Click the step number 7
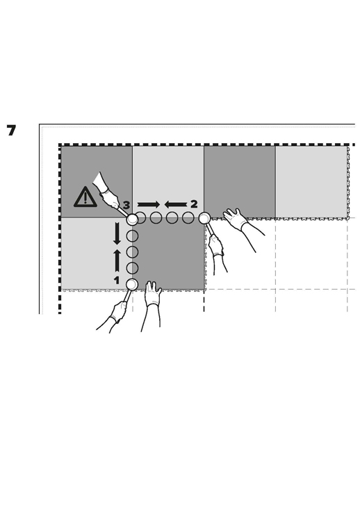click(x=11, y=131)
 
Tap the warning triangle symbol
click(x=85, y=197)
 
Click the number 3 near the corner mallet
click(x=126, y=205)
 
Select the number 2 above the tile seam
click(x=194, y=204)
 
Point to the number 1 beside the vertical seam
click(x=117, y=280)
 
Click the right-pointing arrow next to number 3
click(x=149, y=204)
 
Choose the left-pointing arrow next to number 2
click(x=176, y=204)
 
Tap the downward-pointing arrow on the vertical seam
click(x=117, y=233)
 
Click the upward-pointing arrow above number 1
click(x=117, y=261)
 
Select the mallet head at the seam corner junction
click(x=132, y=219)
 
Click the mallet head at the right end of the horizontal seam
click(x=204, y=218)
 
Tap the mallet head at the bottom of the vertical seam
click(x=132, y=284)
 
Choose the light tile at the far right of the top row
click(x=311, y=182)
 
